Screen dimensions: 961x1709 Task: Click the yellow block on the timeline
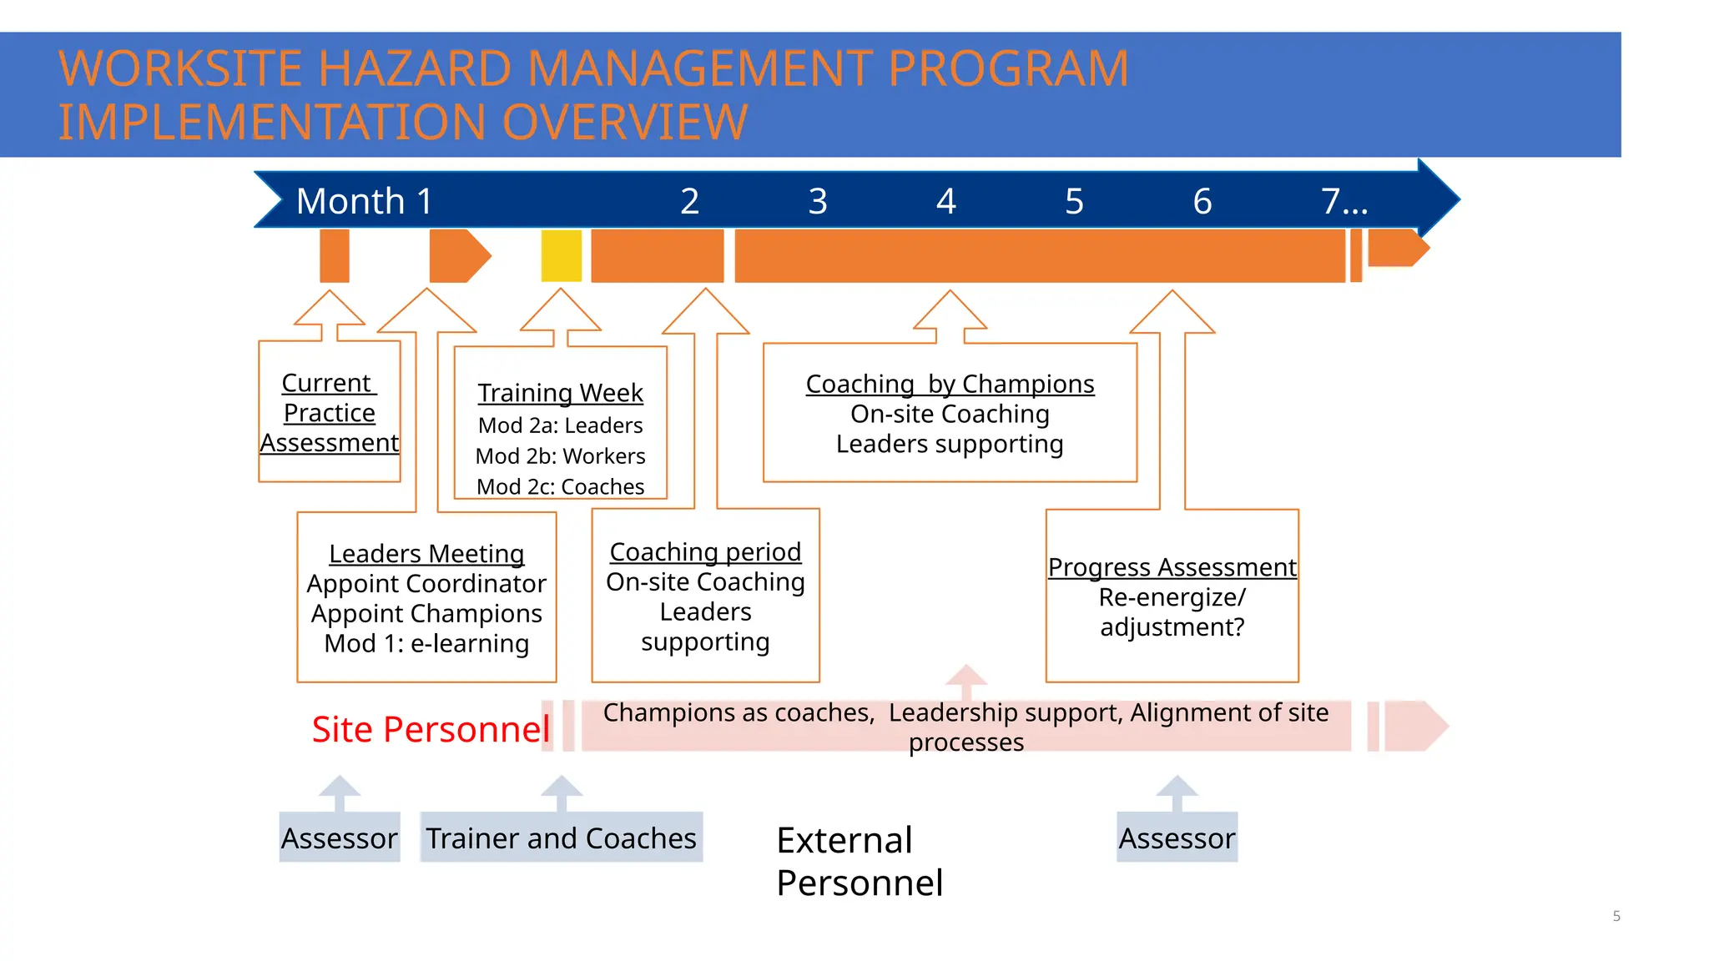pyautogui.click(x=561, y=256)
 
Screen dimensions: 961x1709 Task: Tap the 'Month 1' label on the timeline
pyautogui.click(x=364, y=201)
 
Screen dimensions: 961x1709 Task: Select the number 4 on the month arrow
pyautogui.click(x=945, y=201)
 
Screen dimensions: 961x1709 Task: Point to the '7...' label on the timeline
pyautogui.click(x=1344, y=201)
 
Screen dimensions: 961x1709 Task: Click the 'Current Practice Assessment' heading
pyautogui.click(x=330, y=412)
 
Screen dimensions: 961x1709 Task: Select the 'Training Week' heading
pyautogui.click(x=560, y=392)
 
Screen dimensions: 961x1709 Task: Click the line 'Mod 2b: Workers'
pyautogui.click(x=560, y=456)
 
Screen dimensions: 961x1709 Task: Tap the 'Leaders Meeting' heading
pyautogui.click(x=426, y=553)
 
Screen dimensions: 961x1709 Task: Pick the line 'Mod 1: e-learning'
pyautogui.click(x=426, y=643)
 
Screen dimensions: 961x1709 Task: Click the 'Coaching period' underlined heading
pyautogui.click(x=705, y=551)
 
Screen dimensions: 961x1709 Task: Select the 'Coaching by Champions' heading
pyautogui.click(x=950, y=384)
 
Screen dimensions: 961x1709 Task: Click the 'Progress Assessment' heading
pyautogui.click(x=1172, y=567)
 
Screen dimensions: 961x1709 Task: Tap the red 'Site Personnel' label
pyautogui.click(x=431, y=729)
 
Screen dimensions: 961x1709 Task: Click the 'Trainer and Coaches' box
pyautogui.click(x=561, y=838)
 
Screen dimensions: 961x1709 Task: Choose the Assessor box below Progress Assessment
pyautogui.click(x=1177, y=838)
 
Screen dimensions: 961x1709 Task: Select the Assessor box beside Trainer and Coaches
pyautogui.click(x=339, y=838)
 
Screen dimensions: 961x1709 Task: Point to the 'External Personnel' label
pyautogui.click(x=860, y=861)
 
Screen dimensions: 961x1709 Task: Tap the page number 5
pyautogui.click(x=1616, y=916)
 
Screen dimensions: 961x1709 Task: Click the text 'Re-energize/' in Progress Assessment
pyautogui.click(x=1172, y=597)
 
